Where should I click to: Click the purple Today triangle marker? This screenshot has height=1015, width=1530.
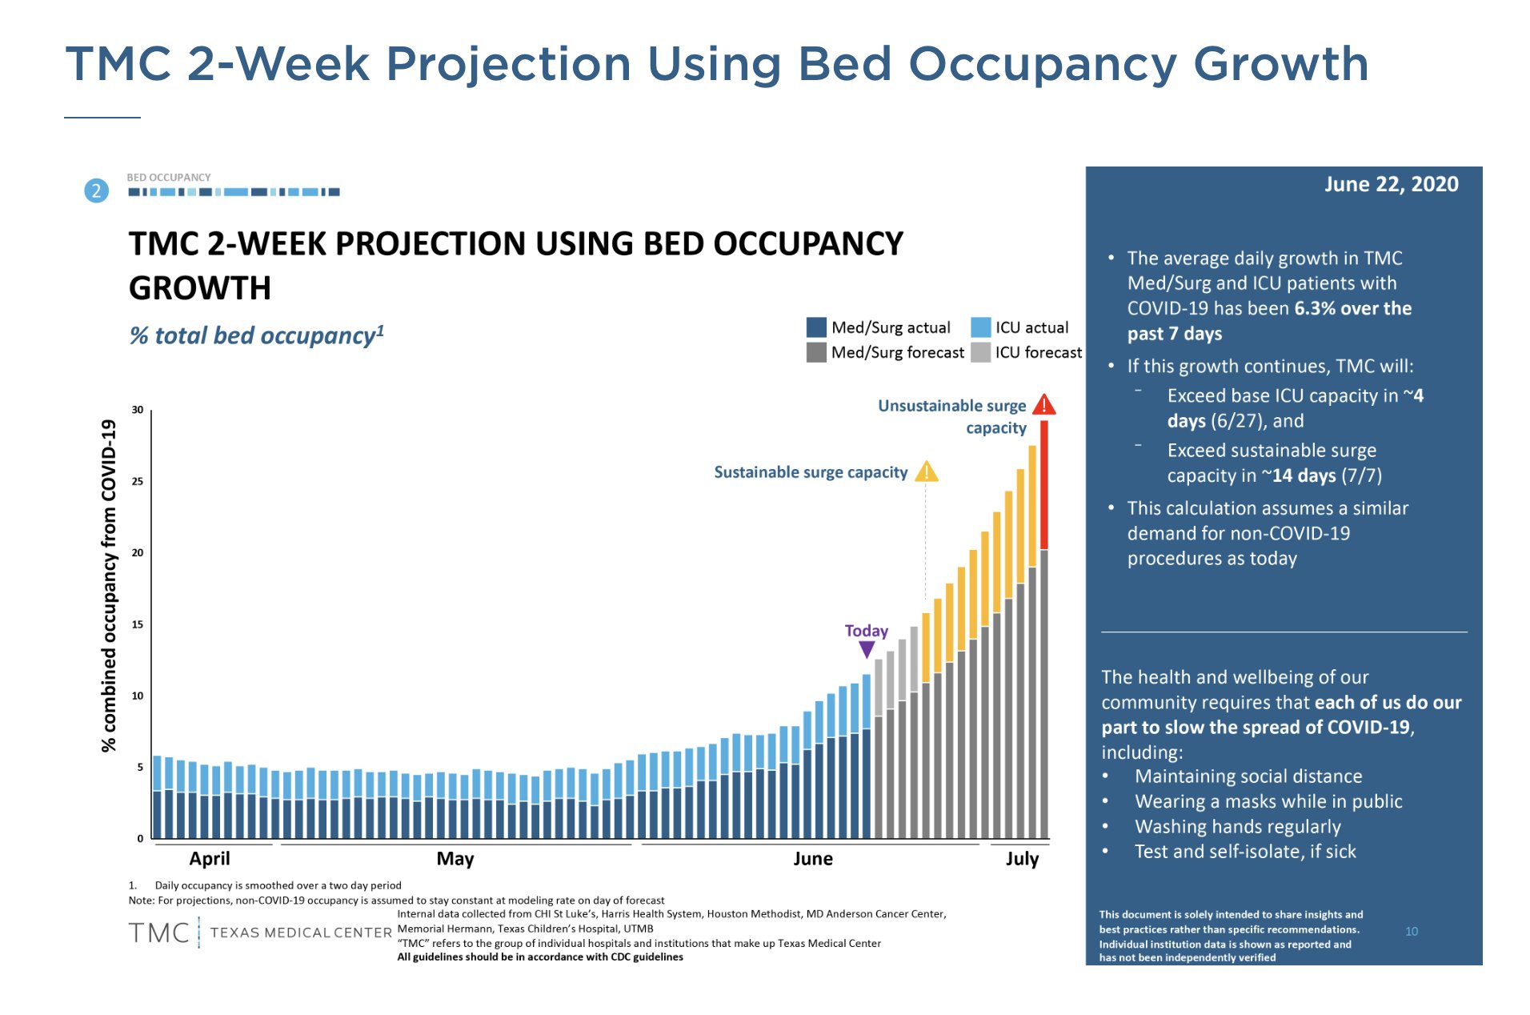click(x=867, y=650)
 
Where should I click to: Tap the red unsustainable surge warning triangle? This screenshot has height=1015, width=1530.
click(x=1043, y=405)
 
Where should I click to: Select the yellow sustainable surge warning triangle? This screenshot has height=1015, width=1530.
click(x=927, y=471)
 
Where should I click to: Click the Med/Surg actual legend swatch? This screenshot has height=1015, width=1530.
click(x=816, y=327)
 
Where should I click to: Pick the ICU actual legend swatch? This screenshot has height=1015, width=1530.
click(x=980, y=327)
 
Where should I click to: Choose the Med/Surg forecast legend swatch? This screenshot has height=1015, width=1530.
click(x=816, y=352)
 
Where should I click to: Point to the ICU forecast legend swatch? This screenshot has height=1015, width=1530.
click(x=980, y=352)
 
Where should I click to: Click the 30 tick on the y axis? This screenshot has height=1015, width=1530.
click(x=138, y=410)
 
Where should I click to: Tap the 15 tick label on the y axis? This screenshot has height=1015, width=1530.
click(x=138, y=624)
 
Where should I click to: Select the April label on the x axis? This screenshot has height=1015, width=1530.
click(x=210, y=859)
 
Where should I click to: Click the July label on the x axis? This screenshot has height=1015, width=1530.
click(x=1022, y=859)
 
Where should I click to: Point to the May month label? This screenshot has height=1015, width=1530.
click(x=455, y=859)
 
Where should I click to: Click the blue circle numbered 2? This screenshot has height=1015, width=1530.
click(x=97, y=191)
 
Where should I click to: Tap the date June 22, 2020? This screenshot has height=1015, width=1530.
click(x=1391, y=184)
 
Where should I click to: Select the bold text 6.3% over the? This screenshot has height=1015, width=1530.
click(x=1352, y=308)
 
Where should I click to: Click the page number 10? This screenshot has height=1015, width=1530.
click(x=1412, y=931)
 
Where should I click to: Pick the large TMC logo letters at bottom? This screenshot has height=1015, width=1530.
click(x=159, y=933)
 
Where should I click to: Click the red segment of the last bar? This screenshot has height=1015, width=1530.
click(x=1043, y=484)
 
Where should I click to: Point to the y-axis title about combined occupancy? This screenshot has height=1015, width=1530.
click(x=109, y=585)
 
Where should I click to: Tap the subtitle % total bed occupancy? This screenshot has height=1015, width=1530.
click(x=257, y=335)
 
